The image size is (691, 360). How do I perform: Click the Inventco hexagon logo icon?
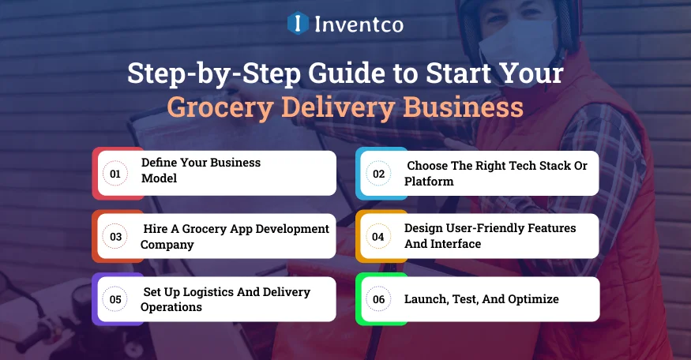tap(298, 23)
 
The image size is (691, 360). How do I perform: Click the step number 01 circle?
tap(115, 173)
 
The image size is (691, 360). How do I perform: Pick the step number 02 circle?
tap(379, 173)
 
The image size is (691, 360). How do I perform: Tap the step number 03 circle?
tap(115, 236)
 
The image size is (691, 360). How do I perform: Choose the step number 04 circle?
tap(379, 236)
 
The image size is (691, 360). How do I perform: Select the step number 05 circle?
tap(115, 299)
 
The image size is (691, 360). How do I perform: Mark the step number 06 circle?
tap(379, 299)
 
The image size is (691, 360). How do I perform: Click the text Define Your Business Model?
tap(201, 171)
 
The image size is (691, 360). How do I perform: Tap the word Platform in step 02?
tap(429, 181)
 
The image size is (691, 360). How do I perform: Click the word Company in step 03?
tap(167, 244)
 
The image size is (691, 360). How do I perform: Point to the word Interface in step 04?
tap(455, 244)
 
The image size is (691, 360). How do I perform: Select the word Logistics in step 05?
tap(204, 292)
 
